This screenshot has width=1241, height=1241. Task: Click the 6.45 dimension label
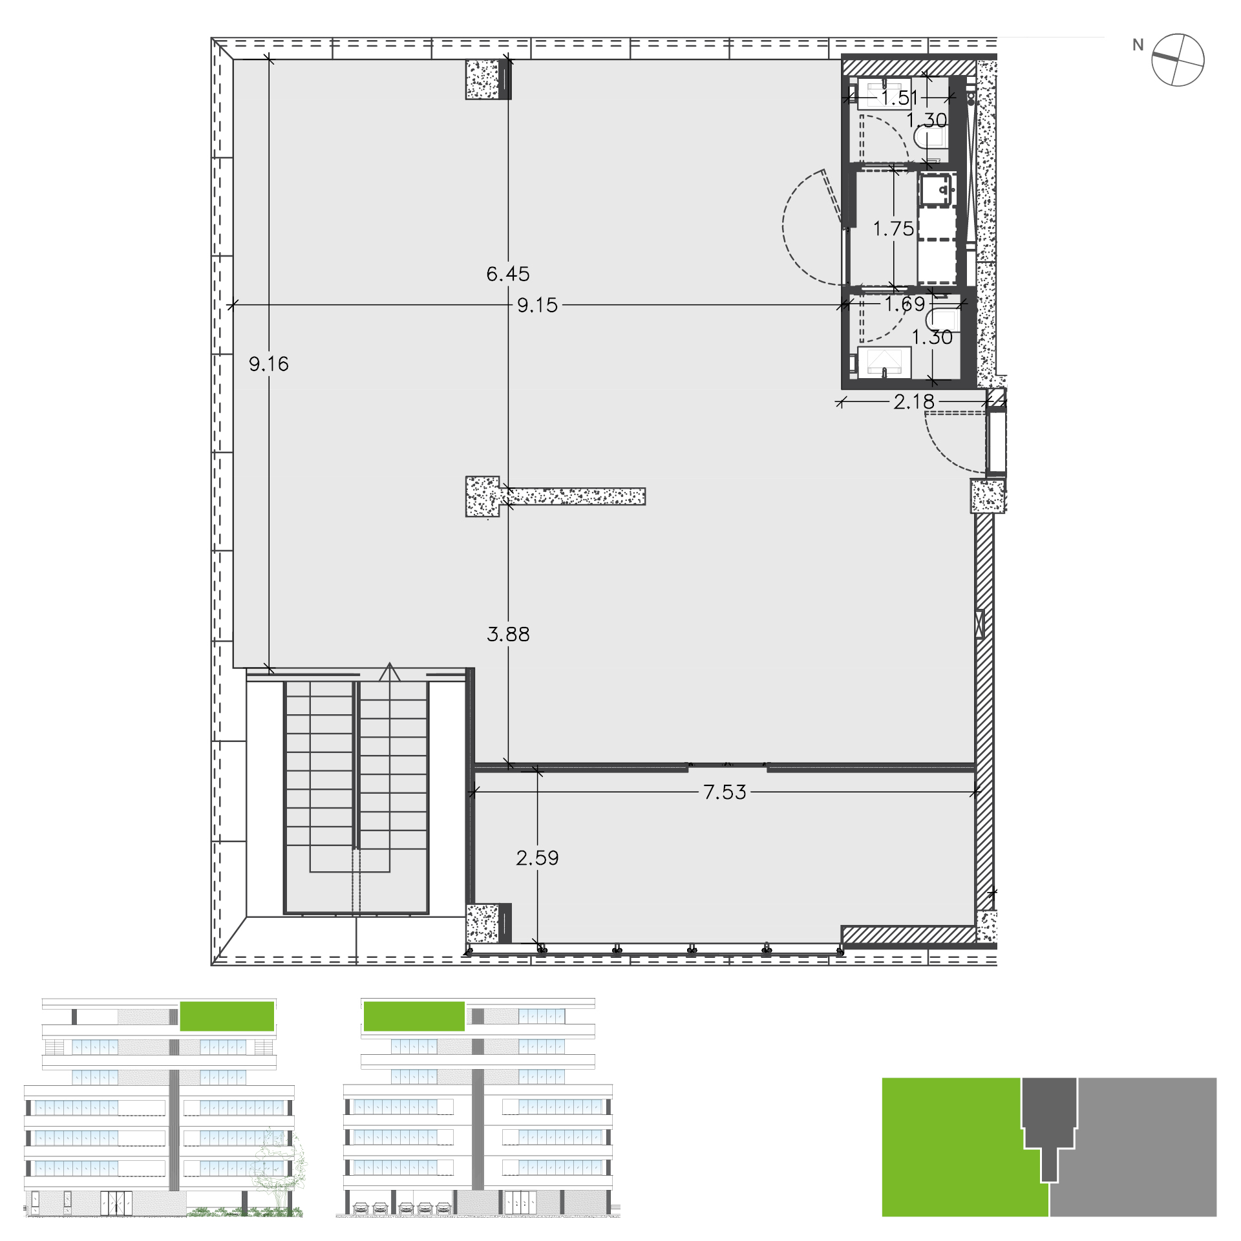coord(508,274)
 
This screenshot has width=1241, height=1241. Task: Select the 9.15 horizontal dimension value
coord(537,305)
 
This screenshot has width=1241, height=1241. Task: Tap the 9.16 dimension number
coord(269,364)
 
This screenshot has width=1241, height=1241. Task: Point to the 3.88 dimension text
coord(508,634)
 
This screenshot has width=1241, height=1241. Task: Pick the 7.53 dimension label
coord(725,792)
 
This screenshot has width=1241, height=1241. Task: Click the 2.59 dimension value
coord(537,858)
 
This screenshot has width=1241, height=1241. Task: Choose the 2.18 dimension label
coord(914,402)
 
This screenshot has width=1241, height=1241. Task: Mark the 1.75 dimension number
coord(893,229)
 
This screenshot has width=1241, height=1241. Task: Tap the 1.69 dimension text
coord(905,304)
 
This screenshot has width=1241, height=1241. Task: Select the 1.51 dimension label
coord(900,98)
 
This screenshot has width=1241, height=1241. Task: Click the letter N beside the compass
coord(1138,45)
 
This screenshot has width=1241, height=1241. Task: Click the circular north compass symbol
coord(1178,60)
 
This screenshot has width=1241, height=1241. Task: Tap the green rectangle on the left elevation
coord(227,1016)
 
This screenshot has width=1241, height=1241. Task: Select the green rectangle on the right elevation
coord(414,1016)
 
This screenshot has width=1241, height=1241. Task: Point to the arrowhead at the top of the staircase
coord(389,672)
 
